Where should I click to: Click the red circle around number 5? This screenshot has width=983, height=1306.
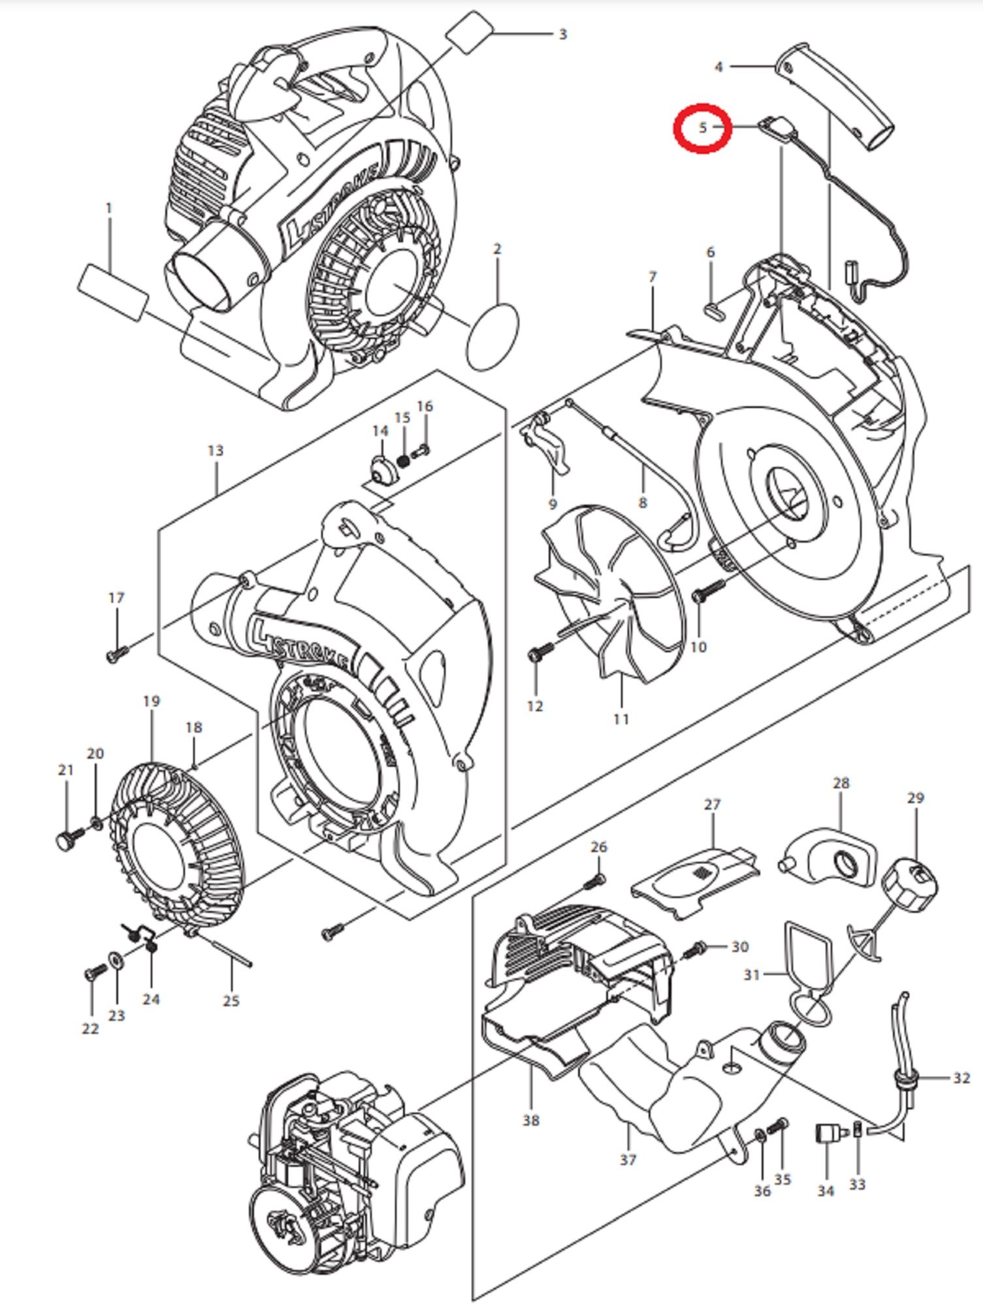[702, 128]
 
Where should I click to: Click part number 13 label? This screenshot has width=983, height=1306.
[215, 451]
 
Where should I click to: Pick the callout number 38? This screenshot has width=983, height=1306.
[530, 1121]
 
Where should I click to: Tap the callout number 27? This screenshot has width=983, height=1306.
[712, 804]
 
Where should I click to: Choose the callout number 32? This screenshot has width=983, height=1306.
[961, 1077]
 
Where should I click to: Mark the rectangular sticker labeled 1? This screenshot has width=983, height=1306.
[113, 292]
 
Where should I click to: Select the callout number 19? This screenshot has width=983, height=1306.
[151, 701]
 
